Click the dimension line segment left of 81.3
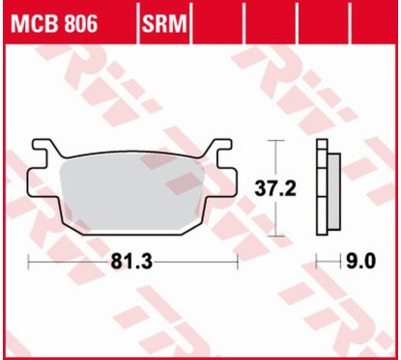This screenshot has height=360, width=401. [72, 262]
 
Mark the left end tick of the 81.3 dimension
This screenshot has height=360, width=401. [30, 262]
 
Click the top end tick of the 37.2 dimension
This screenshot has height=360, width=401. [279, 141]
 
